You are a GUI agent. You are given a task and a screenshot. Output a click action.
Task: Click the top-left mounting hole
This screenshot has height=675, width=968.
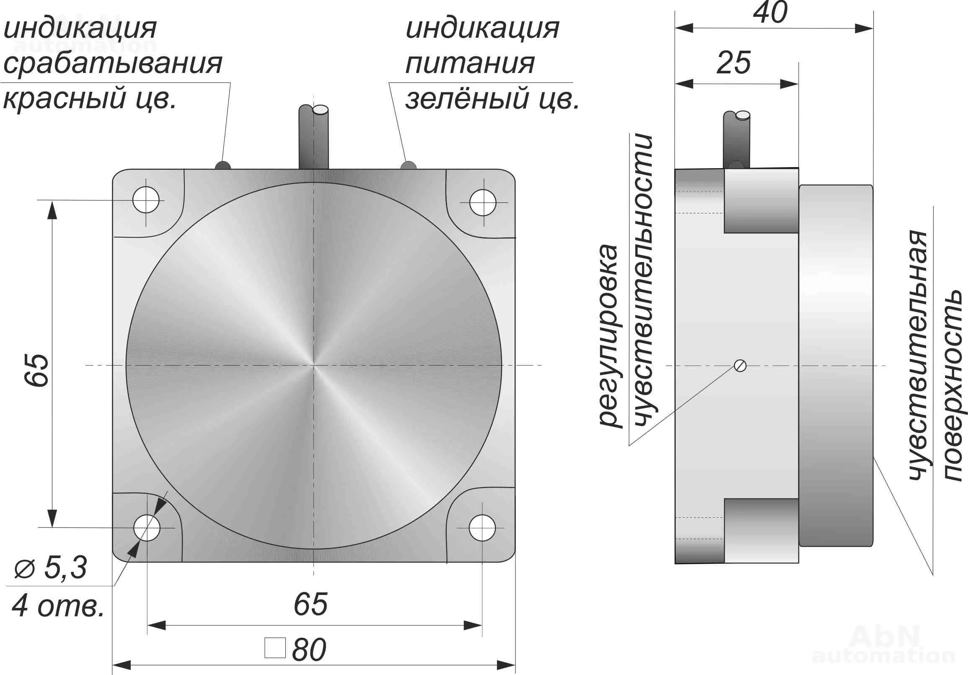(146, 200)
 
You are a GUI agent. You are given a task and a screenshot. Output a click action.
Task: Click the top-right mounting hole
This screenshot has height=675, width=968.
(483, 202)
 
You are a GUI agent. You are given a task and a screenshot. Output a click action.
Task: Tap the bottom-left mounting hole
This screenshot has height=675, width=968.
(147, 528)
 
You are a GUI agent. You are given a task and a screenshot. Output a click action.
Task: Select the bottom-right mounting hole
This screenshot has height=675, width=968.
(482, 528)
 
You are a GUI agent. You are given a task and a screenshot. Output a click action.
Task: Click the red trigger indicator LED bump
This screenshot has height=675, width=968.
(223, 165)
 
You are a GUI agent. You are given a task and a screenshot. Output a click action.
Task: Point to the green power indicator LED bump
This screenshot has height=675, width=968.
(408, 165)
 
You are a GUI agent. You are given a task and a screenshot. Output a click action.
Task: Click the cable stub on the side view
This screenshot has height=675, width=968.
(737, 139)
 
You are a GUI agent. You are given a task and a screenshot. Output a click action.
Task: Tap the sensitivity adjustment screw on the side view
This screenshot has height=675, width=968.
(740, 365)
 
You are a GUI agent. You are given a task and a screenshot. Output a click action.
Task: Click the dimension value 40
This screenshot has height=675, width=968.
(770, 13)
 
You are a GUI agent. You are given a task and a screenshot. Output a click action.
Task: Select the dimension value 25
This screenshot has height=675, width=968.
(734, 63)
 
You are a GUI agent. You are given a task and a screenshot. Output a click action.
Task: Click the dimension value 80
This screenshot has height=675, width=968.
(308, 650)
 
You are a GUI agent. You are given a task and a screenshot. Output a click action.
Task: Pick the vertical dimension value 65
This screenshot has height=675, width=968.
(37, 370)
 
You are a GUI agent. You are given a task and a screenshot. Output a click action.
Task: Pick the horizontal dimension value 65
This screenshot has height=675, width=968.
(310, 604)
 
